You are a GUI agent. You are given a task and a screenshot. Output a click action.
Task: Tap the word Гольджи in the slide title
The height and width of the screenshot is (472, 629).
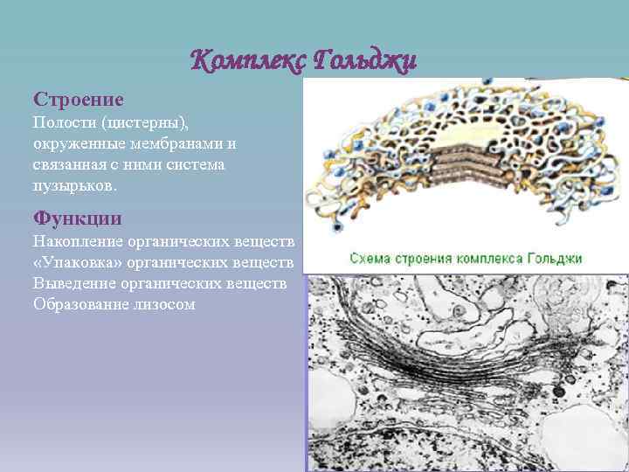point(363,61)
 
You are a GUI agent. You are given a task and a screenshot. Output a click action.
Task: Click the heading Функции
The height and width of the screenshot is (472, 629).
point(77,218)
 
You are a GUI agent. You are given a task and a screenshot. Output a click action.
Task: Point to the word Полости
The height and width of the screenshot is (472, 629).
point(60,122)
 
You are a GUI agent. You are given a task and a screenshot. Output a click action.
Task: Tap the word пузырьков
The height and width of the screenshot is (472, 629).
point(73,185)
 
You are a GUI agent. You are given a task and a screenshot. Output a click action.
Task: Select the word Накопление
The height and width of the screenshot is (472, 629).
point(78,241)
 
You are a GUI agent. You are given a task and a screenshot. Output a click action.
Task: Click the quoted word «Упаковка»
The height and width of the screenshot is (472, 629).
point(76,262)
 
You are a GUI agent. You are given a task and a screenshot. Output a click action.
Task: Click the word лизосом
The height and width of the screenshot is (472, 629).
point(163,304)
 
